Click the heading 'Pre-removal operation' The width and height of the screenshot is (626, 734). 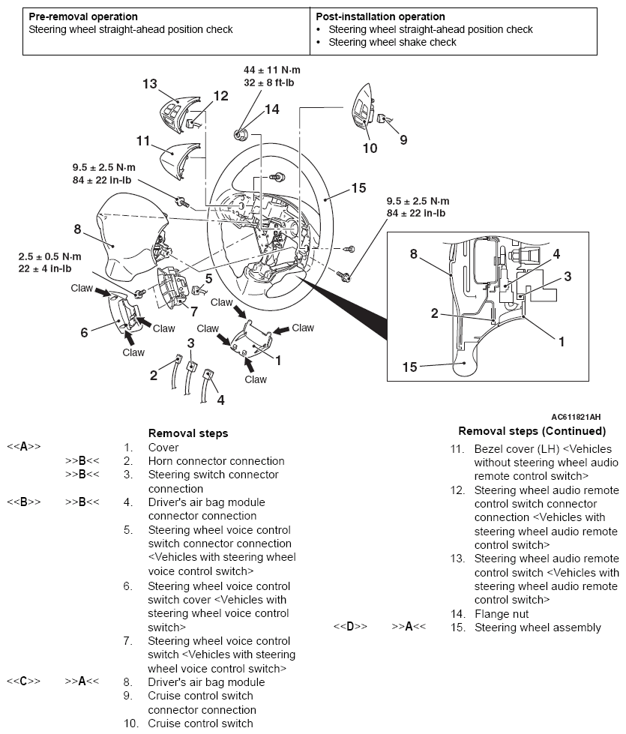click(82, 16)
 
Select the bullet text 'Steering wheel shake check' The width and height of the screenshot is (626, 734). click(392, 42)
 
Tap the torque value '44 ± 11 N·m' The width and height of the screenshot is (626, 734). click(272, 69)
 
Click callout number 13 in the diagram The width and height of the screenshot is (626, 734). click(150, 84)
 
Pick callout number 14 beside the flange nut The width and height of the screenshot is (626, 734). click(271, 109)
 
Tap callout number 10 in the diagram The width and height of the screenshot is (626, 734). click(370, 148)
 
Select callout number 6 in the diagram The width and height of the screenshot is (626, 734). click(85, 332)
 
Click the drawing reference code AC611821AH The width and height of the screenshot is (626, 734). click(575, 417)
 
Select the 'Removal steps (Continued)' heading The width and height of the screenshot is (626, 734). click(532, 431)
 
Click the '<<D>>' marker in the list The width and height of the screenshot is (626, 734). click(350, 627)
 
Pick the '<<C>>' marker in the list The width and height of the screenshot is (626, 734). click(23, 682)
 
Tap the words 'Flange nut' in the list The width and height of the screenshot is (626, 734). click(501, 613)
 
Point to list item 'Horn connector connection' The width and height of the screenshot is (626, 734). click(216, 461)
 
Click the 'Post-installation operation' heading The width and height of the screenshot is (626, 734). click(380, 16)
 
